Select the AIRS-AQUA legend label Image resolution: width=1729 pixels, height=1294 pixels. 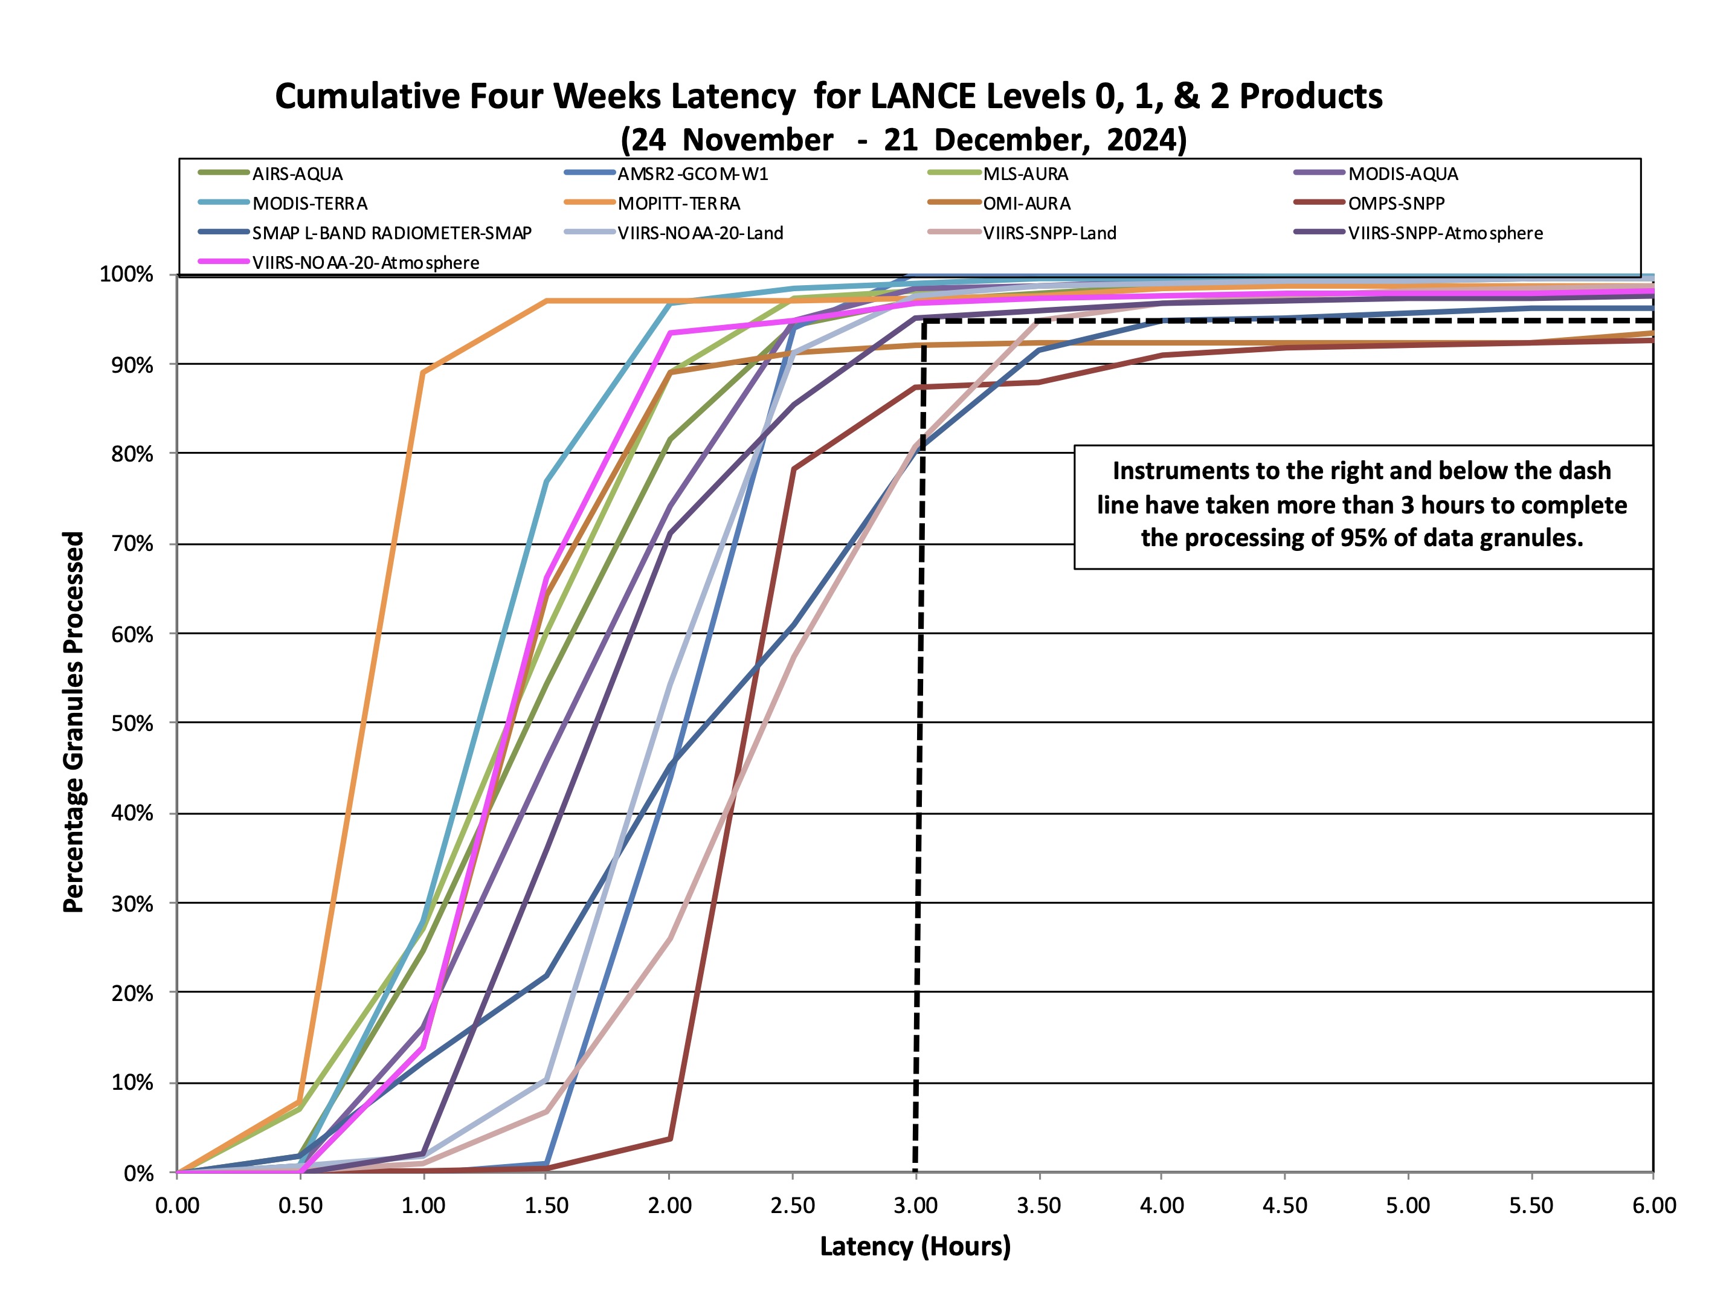[297, 174]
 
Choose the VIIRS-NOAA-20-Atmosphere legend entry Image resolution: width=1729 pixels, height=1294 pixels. [365, 263]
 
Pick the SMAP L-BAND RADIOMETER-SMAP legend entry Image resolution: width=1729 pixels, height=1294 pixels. [391, 233]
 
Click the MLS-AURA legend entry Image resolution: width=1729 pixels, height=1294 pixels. [1026, 174]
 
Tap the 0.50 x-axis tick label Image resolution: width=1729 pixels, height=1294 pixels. [300, 1206]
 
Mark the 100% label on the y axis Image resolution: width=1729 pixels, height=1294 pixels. [127, 274]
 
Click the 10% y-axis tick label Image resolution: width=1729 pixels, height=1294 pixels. [132, 1083]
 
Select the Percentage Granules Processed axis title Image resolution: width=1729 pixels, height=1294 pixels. [72, 722]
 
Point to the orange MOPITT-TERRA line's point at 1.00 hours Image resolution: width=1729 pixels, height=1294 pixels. [423, 372]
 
